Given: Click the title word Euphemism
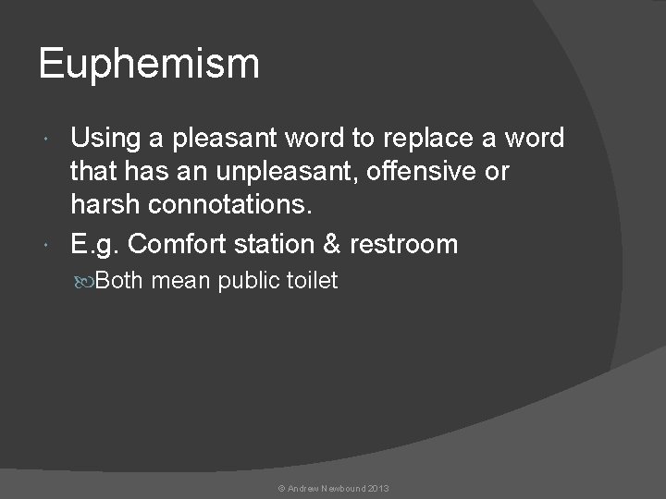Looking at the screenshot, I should pos(149,66).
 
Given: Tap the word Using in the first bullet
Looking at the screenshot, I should pos(104,139).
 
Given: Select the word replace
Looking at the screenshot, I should pos(410,139).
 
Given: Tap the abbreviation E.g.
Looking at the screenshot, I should pos(94,244).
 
